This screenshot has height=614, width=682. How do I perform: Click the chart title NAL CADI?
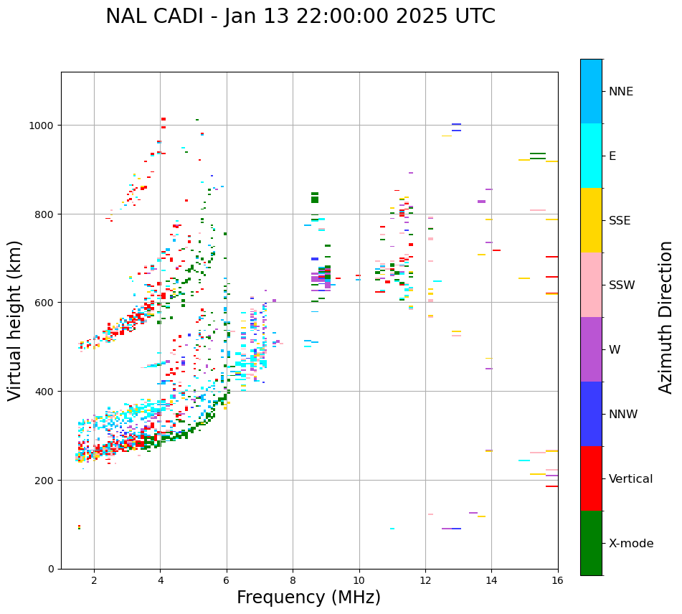click(300, 16)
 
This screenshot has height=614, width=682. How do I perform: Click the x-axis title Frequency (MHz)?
click(308, 598)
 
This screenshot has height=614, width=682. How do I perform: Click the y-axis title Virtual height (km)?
click(15, 320)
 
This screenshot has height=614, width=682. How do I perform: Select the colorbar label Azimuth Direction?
click(666, 317)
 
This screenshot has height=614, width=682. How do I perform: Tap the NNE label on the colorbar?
click(621, 92)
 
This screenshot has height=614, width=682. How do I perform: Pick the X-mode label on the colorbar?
click(631, 544)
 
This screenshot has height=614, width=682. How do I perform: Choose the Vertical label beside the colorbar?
click(631, 479)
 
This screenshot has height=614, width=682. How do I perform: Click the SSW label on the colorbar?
click(622, 285)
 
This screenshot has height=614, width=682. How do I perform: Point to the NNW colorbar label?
click(624, 415)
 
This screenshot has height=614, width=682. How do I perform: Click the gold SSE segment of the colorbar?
click(591, 220)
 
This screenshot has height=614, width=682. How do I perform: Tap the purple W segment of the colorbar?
click(591, 349)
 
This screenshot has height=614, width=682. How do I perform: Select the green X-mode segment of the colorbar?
click(591, 543)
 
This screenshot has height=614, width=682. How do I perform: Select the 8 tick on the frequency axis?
click(293, 580)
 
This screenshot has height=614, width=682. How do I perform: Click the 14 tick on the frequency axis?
click(491, 580)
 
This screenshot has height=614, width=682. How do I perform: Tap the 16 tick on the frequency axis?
click(557, 580)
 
